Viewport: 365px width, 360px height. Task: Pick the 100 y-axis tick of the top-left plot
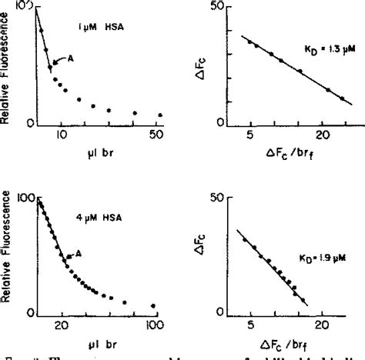(23, 7)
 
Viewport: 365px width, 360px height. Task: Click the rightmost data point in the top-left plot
(160, 115)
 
